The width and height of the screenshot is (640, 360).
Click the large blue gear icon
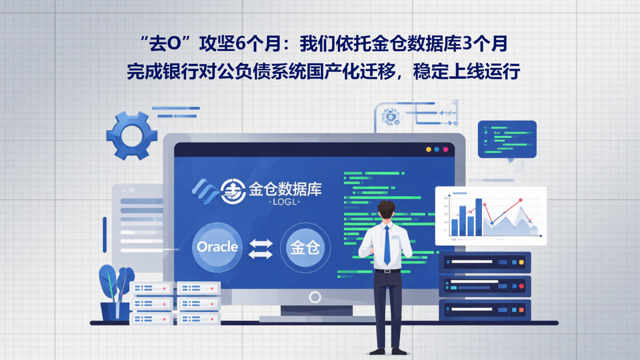click(132, 136)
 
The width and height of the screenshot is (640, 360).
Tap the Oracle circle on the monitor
click(217, 247)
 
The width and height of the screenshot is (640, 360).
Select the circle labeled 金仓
click(305, 248)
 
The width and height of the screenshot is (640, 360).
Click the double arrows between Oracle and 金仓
click(260, 249)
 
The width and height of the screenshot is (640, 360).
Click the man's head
click(386, 210)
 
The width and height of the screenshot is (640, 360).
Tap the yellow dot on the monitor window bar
click(428, 150)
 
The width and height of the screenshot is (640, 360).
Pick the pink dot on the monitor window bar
click(446, 150)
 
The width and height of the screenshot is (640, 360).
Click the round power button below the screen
click(315, 297)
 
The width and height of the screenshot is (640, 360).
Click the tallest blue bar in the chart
click(479, 217)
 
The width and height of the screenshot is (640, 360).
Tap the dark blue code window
click(507, 139)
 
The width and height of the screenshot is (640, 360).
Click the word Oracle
click(217, 247)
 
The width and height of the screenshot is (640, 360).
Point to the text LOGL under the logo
click(285, 202)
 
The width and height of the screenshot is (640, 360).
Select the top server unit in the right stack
click(485, 262)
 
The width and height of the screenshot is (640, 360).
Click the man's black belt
click(387, 270)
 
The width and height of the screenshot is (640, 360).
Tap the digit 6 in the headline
click(240, 45)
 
